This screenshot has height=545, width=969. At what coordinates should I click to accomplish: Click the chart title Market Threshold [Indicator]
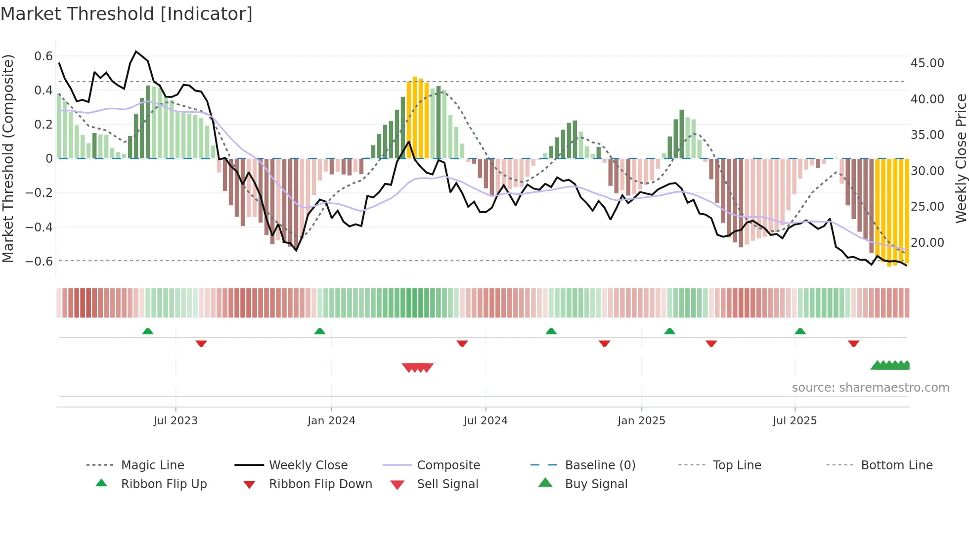tap(127, 14)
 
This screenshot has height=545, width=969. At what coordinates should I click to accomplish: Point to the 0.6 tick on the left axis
tap(44, 56)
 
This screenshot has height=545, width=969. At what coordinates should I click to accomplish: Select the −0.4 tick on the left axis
tap(39, 227)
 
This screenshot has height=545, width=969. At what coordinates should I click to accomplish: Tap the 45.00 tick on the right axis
tap(927, 63)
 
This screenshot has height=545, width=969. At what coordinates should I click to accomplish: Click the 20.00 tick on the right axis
tap(927, 243)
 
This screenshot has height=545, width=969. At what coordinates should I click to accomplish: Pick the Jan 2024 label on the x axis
tap(331, 421)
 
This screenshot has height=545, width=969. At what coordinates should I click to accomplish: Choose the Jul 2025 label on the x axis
tap(794, 421)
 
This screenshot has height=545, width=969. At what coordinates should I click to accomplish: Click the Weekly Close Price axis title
tap(961, 158)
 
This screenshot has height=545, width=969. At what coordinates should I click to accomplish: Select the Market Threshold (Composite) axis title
tap(8, 158)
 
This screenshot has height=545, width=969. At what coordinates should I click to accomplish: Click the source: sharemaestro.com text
tap(870, 388)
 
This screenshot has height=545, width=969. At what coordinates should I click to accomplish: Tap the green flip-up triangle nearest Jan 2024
tap(320, 331)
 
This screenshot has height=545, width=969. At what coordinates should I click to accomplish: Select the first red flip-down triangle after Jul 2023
tap(201, 343)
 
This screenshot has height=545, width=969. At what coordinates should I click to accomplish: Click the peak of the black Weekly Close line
tap(136, 51)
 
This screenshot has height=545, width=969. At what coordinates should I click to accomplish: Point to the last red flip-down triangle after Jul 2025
tap(853, 343)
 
